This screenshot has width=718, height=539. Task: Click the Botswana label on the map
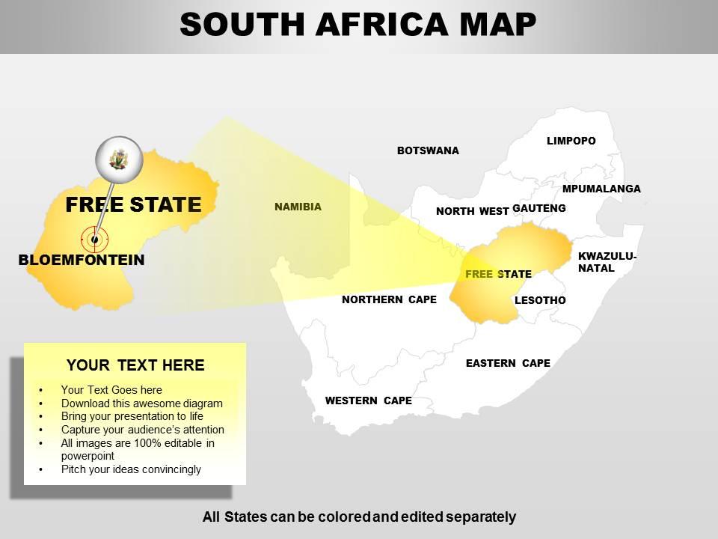428,150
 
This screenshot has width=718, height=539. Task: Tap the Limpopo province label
571,141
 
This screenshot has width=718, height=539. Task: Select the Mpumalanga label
601,189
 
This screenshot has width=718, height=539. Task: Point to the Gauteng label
539,208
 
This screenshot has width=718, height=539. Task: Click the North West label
472,211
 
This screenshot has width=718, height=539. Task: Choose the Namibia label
298,207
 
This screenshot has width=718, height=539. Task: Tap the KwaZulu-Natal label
607,262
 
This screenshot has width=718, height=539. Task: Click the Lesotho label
540,300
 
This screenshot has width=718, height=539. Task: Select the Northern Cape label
389,299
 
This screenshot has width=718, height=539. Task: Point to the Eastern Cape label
508,363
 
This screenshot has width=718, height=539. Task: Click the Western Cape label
368,401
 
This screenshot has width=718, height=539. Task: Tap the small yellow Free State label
498,274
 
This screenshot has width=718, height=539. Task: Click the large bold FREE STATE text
133,204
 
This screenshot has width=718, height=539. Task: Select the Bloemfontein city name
82,261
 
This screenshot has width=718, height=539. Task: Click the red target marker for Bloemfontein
94,240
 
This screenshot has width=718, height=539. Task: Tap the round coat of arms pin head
118,159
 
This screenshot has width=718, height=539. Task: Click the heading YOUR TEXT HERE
135,365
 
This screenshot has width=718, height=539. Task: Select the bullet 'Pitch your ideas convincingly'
131,469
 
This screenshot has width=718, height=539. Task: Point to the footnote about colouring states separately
359,517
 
